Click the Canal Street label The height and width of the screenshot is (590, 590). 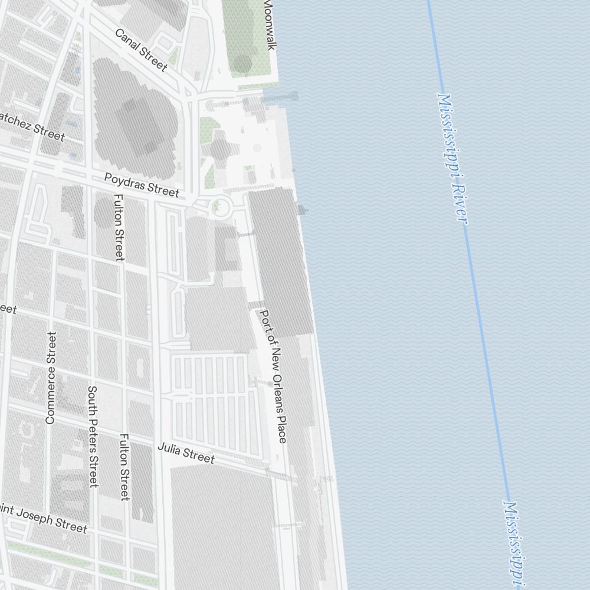pos(141,50)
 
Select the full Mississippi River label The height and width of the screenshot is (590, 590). pos(453,158)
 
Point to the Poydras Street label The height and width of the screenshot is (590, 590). pos(142,185)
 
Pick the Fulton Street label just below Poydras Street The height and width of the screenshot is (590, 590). pos(119,227)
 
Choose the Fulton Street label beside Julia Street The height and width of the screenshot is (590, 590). pos(124,467)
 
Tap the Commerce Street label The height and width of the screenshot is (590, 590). pos(51,378)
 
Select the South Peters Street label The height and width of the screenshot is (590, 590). pos(93,437)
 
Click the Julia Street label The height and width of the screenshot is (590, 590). pos(186,453)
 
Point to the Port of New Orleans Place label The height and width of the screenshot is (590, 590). pos(273,376)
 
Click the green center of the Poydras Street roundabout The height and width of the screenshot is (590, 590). pos(220,207)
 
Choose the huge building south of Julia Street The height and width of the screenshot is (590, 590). pos(221,525)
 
